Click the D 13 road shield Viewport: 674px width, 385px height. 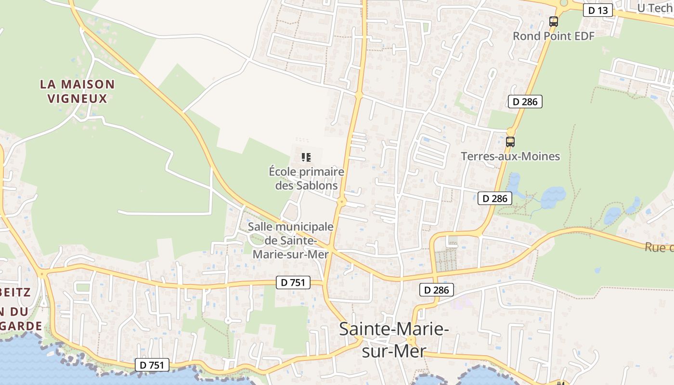[x=598, y=10]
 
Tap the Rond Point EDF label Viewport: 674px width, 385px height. [x=554, y=36]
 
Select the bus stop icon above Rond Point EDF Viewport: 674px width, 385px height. [x=554, y=21]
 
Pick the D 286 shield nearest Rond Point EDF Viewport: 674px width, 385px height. [x=525, y=102]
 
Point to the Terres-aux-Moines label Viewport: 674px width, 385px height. [x=510, y=156]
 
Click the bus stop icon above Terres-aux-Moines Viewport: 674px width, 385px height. [x=510, y=142]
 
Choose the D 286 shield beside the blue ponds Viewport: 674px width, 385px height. [x=494, y=198]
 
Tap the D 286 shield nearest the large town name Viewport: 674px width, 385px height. [x=437, y=290]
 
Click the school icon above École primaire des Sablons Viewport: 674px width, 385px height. [x=306, y=157]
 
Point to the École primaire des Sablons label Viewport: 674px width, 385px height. [x=306, y=179]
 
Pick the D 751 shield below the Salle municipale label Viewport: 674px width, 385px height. [x=293, y=282]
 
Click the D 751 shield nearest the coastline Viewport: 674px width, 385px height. [x=152, y=365]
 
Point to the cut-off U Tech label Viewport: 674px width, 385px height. [x=655, y=8]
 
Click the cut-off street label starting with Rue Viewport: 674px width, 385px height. [x=659, y=247]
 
